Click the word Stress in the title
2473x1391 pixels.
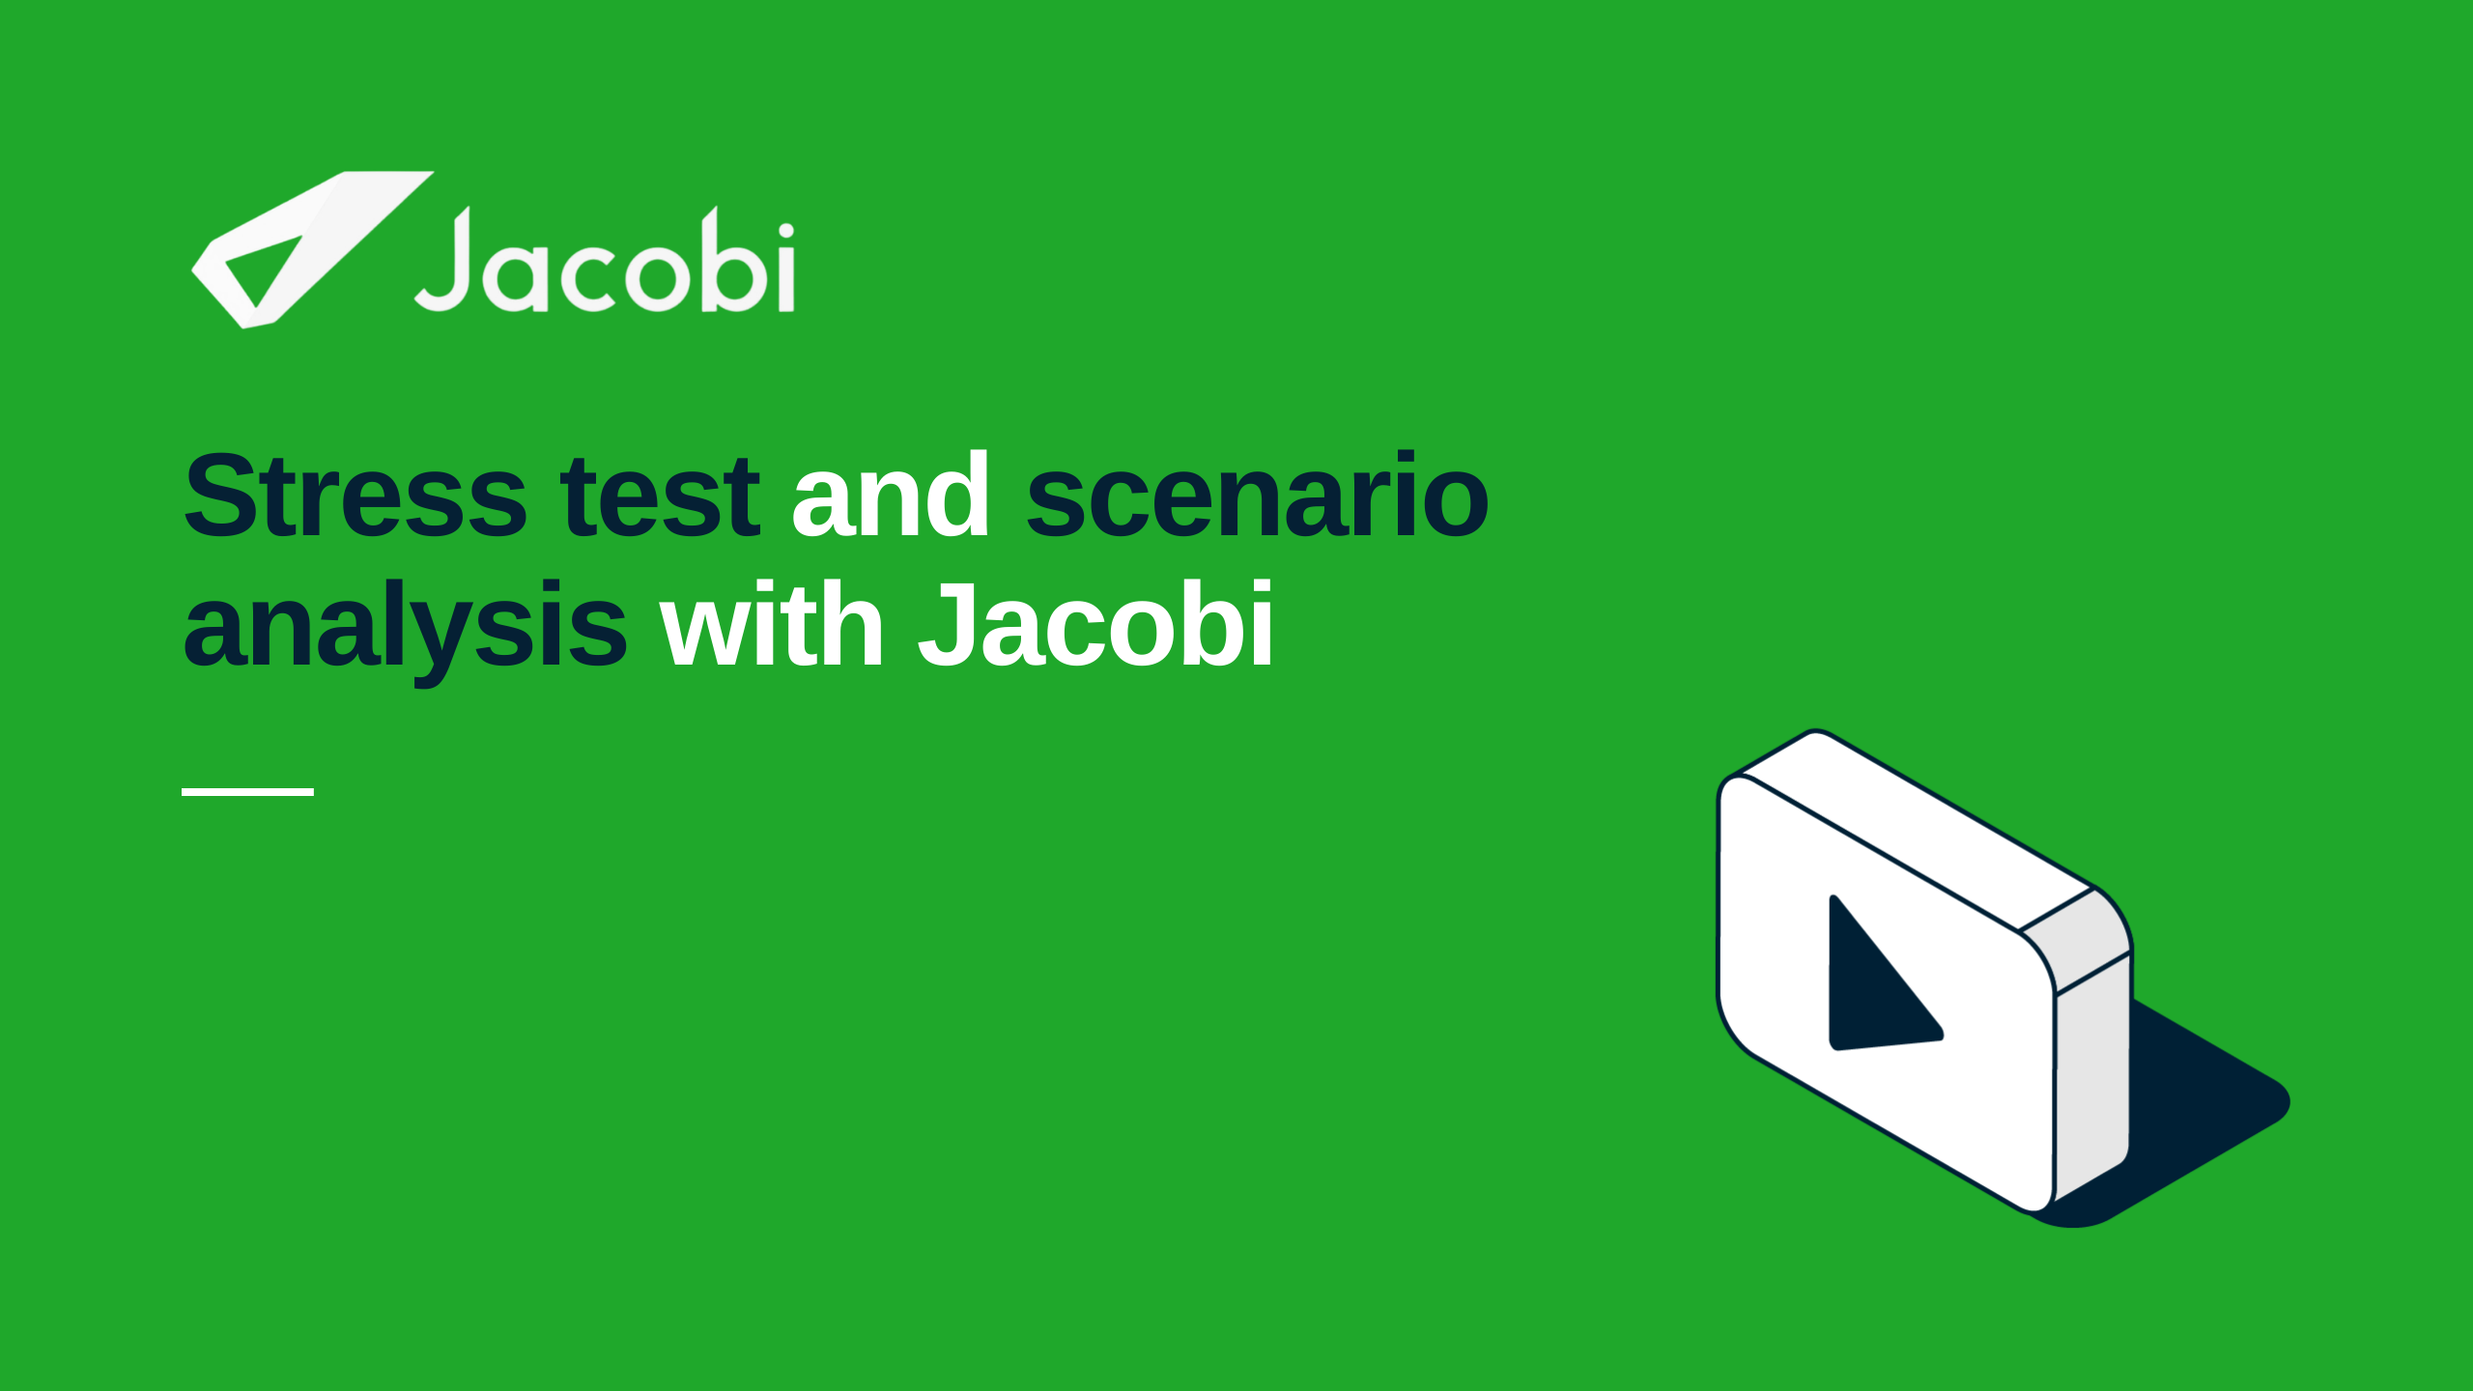pyautogui.click(x=355, y=497)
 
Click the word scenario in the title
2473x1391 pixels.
pyautogui.click(x=1257, y=495)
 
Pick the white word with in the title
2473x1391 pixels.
pyautogui.click(x=772, y=623)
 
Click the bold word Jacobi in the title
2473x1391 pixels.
pyautogui.click(x=1095, y=623)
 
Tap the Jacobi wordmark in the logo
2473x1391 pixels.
pyautogui.click(x=605, y=260)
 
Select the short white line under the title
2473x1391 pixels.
pyautogui.click(x=247, y=792)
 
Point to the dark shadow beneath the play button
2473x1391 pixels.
pyautogui.click(x=2212, y=1111)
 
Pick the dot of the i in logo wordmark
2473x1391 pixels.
pyautogui.click(x=785, y=231)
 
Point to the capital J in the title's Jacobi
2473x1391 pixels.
pyautogui.click(x=947, y=625)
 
